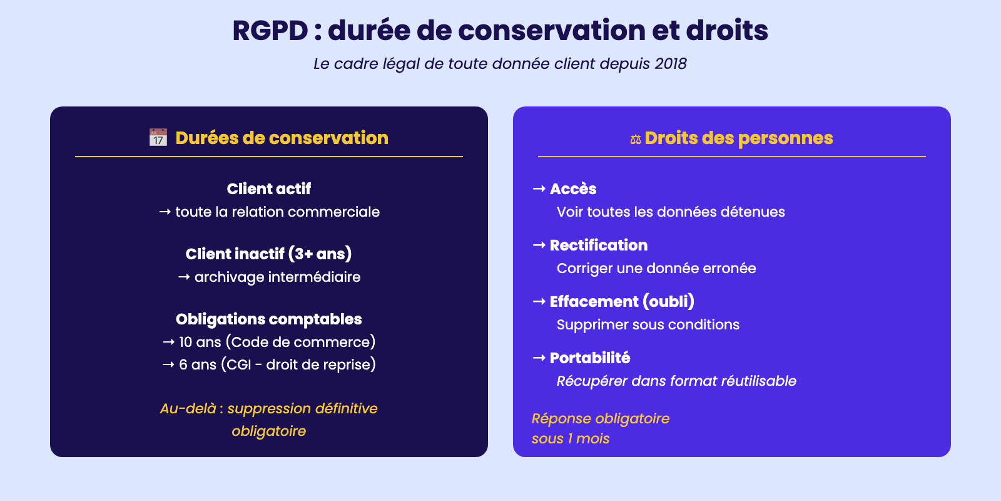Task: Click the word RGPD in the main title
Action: point(270,31)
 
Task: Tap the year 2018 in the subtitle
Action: point(670,63)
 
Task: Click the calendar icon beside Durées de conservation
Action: point(158,138)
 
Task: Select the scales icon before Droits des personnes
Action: point(636,139)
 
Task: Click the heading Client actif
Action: point(268,189)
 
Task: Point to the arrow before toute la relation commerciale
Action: point(165,212)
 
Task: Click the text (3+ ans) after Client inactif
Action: point(320,254)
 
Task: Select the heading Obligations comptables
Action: point(268,319)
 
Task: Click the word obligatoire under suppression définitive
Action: point(268,431)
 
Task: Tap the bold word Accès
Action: point(573,189)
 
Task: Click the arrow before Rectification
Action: point(539,245)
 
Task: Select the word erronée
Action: point(729,269)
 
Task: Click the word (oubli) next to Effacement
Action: point(669,301)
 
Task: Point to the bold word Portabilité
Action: point(590,358)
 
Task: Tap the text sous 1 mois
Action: point(570,438)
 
